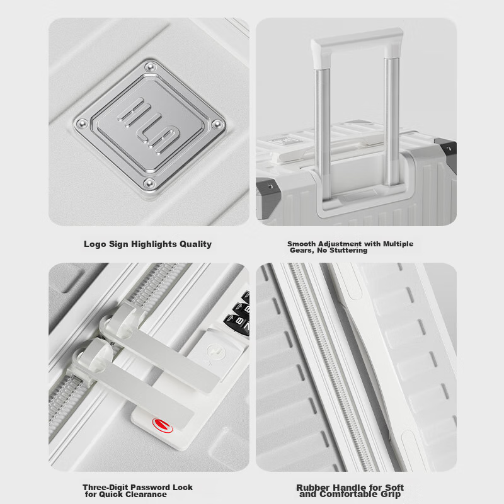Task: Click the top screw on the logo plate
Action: [x=150, y=66]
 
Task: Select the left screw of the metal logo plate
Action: [x=81, y=123]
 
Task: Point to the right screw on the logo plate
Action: [x=218, y=124]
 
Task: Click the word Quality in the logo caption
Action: [x=194, y=244]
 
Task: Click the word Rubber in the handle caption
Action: [x=312, y=487]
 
